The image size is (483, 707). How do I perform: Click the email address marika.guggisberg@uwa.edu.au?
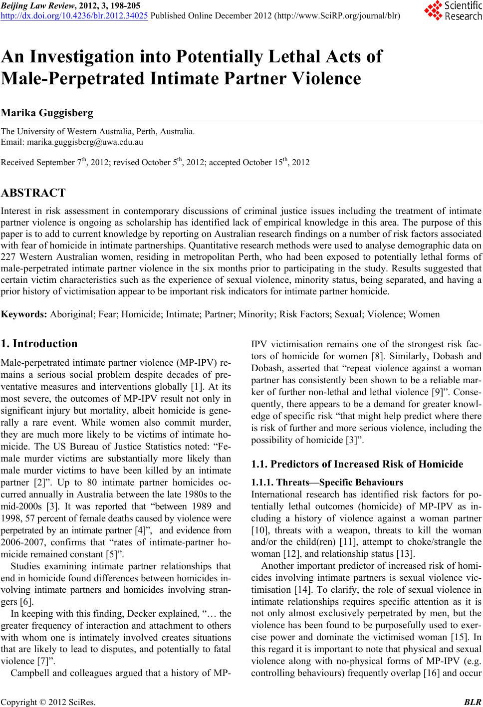83,142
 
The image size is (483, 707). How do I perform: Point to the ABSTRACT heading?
33,193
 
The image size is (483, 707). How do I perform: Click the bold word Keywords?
24,314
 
